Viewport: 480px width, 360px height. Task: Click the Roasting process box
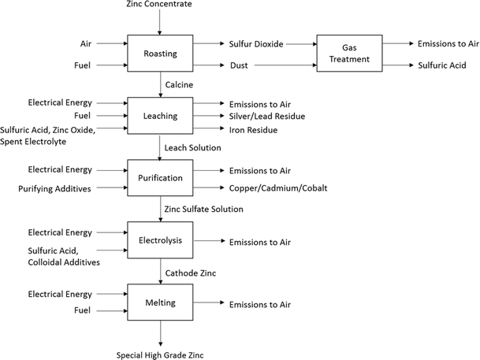point(160,55)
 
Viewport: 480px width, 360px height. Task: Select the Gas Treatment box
point(350,54)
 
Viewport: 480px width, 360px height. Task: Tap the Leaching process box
point(160,116)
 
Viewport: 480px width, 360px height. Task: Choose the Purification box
point(160,178)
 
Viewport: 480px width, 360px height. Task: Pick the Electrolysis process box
point(160,241)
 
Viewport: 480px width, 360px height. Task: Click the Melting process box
point(160,303)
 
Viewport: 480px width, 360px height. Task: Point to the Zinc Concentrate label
point(159,6)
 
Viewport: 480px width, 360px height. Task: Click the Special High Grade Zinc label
point(160,354)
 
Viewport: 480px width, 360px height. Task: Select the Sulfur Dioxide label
point(256,44)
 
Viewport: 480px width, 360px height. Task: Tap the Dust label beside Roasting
point(240,66)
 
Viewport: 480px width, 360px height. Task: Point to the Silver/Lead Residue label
point(266,117)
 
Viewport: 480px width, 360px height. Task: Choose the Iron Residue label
point(255,129)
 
